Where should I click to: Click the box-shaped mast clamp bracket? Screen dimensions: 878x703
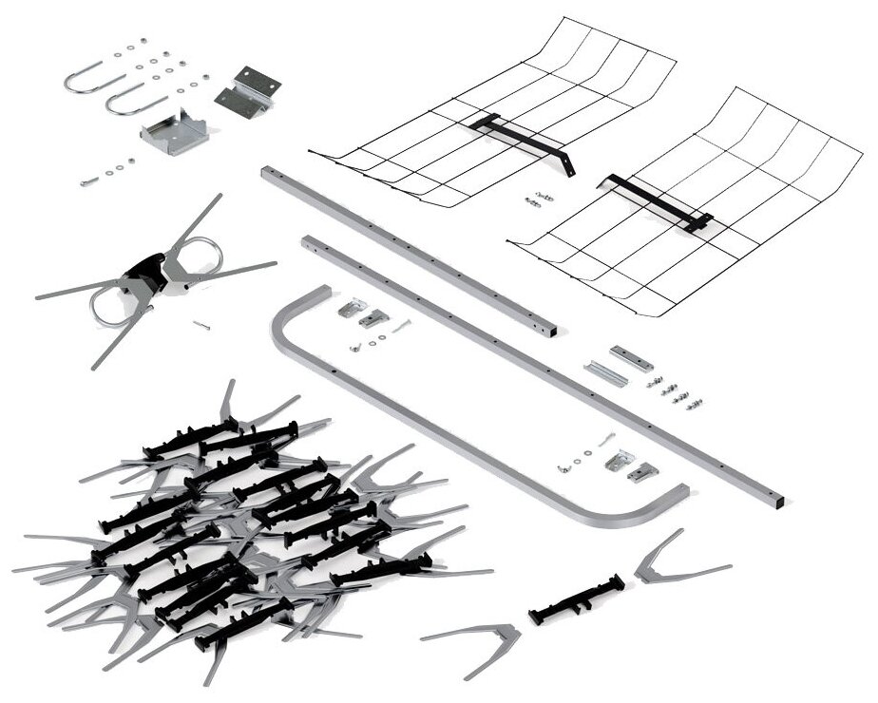click(174, 133)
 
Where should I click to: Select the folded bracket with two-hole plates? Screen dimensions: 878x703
click(247, 91)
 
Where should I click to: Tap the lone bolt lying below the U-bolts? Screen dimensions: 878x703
click(89, 180)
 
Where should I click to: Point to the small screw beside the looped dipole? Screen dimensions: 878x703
click(200, 326)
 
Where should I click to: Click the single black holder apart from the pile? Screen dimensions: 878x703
click(576, 598)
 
